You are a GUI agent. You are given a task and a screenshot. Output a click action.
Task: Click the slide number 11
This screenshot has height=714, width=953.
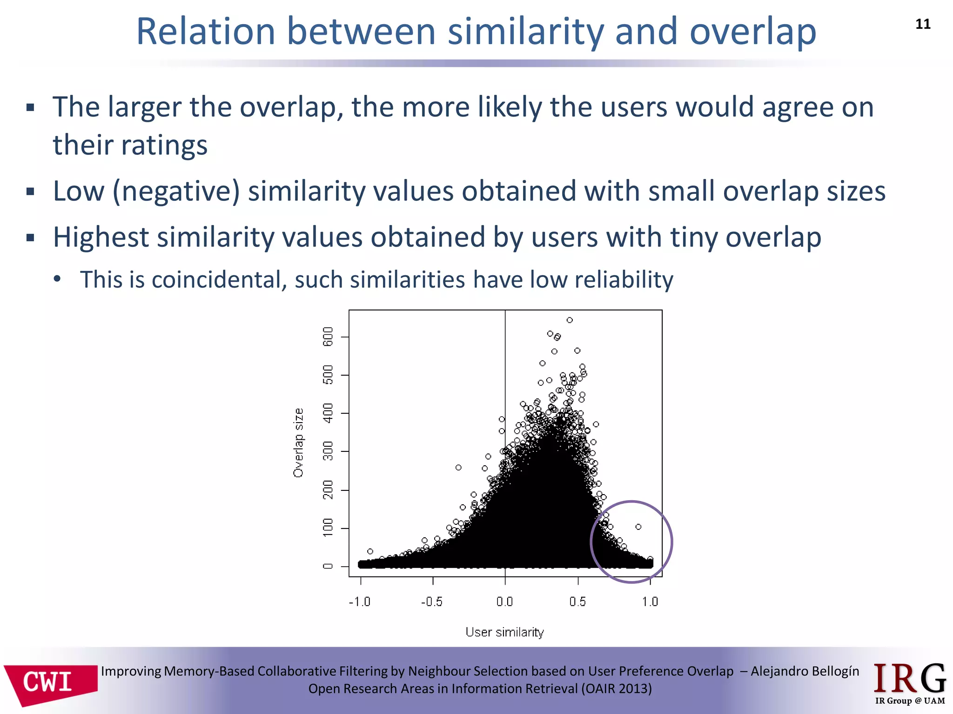point(923,24)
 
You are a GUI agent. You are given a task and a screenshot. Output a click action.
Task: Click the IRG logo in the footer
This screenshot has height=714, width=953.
point(909,683)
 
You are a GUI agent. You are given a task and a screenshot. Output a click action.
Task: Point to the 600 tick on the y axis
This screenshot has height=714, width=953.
point(328,337)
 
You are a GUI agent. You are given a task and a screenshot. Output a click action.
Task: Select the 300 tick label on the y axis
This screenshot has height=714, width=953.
point(328,451)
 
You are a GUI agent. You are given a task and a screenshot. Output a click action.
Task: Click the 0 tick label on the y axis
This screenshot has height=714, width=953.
point(328,566)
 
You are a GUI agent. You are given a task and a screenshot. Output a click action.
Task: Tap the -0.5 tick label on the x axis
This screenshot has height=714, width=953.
point(432,602)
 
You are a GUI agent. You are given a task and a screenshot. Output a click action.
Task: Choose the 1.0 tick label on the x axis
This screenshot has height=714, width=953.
point(650,602)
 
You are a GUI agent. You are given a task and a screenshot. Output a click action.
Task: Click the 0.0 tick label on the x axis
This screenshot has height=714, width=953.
point(505,602)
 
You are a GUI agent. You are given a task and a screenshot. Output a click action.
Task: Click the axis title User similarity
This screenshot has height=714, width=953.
point(505,632)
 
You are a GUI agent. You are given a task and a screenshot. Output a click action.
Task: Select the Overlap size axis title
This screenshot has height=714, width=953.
point(298,443)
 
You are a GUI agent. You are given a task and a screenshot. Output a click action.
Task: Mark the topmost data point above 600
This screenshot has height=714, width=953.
point(570,320)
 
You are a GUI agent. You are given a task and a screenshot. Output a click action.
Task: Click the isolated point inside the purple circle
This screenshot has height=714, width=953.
point(638,527)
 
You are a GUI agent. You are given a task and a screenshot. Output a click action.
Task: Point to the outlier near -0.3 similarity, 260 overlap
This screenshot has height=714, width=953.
point(458,468)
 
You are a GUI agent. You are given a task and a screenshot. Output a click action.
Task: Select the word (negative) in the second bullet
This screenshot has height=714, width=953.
point(176,191)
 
